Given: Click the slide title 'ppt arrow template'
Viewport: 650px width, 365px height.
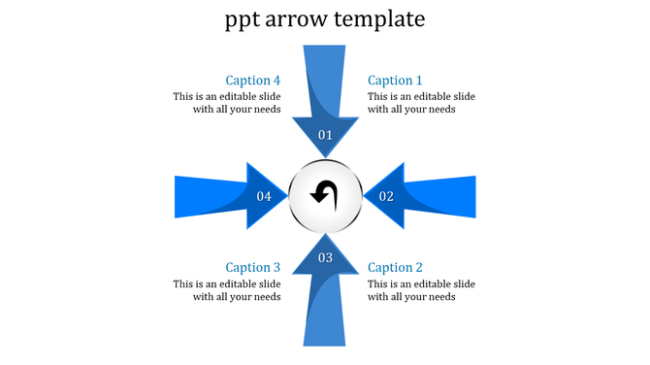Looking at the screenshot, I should tap(324, 19).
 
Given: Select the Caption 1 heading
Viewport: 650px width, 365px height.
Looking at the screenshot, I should tap(395, 81).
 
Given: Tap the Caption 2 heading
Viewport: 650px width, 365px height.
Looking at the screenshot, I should tap(395, 267).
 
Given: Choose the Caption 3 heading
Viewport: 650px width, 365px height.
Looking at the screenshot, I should tap(253, 267).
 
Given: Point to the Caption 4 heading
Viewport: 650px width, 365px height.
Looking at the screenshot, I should tap(253, 81).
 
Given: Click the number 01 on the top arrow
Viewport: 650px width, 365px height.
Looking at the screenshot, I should tap(325, 135).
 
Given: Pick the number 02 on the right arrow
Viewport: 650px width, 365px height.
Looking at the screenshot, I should tap(386, 196).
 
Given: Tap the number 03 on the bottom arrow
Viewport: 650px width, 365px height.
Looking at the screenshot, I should tap(325, 257).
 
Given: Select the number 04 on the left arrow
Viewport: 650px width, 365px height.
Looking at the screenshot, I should tap(264, 196).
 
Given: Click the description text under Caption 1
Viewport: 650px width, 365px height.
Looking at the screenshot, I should tap(421, 103).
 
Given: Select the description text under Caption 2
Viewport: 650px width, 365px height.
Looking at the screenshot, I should tap(421, 290).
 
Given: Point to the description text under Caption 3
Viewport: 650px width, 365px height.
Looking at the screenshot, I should tap(227, 290).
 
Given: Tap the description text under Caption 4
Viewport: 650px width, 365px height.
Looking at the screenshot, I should tap(227, 103).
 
